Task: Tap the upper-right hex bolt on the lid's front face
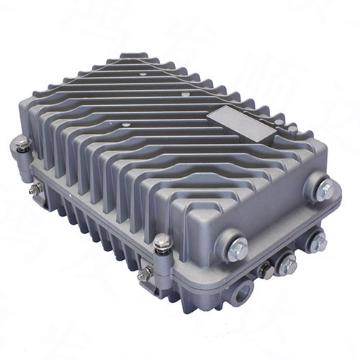[x=325, y=191]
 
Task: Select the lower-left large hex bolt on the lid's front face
[x=235, y=250]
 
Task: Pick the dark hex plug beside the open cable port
[x=266, y=270]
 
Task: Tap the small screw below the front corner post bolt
[x=146, y=273]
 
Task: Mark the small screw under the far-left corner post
[x=34, y=188]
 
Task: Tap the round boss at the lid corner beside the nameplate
[x=292, y=130]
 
